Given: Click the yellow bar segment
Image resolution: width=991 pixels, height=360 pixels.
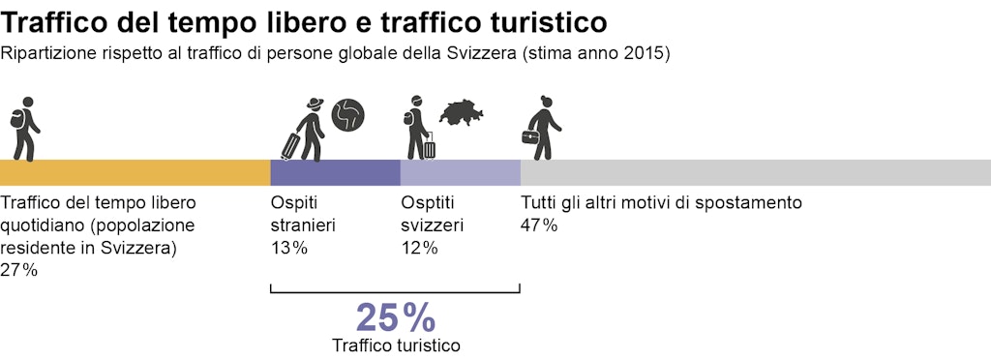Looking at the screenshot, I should (135, 172).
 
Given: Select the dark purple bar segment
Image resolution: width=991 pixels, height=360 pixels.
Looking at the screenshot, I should (335, 172).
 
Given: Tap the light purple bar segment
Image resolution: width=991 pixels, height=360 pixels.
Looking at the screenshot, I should (461, 172).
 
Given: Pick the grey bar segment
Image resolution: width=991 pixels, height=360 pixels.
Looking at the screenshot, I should (755, 172).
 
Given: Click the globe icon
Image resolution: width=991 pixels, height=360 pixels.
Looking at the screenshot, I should (347, 115).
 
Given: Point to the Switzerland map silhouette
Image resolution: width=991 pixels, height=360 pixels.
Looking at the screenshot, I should (462, 113).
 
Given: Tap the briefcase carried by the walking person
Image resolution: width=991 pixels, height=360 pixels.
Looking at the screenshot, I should (531, 136).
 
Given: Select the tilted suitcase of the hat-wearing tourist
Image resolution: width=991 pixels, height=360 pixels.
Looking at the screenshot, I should (291, 146).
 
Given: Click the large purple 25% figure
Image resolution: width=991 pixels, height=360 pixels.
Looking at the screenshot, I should (396, 317).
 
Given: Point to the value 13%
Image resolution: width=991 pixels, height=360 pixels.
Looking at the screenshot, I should (289, 248).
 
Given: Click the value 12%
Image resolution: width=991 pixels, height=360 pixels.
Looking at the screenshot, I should (419, 248).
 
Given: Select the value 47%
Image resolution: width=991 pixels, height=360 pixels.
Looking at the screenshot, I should (539, 225).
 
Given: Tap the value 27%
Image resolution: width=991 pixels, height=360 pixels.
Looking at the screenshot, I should (19, 270).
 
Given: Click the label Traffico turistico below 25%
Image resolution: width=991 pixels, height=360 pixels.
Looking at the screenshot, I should (396, 345).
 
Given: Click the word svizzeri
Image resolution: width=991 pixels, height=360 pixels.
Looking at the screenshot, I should (432, 225).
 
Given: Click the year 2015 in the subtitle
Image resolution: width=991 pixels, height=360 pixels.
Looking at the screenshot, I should (646, 53).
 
